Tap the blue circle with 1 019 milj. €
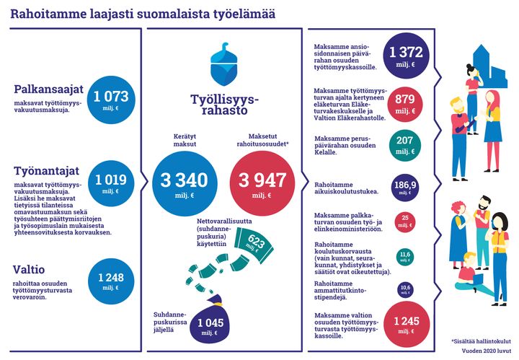[110, 183]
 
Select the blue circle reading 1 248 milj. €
[110, 281]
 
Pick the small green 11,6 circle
[406, 256]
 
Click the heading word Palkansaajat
[49, 90]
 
